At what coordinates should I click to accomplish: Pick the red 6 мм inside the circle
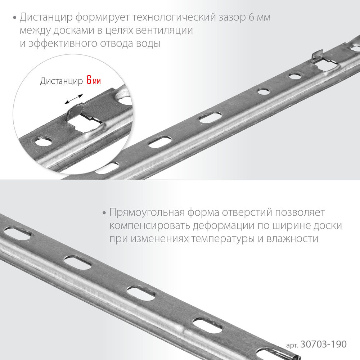click(x=94, y=81)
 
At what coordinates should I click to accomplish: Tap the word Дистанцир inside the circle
click(x=61, y=81)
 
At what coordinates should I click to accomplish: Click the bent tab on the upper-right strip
click(x=317, y=56)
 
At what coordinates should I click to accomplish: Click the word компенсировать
click(x=149, y=226)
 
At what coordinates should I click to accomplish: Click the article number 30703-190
click(x=323, y=344)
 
